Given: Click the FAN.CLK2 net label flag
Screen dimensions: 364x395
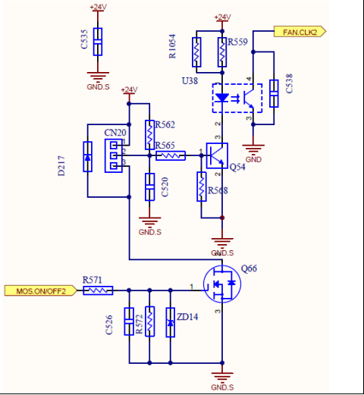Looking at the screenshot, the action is [300, 32].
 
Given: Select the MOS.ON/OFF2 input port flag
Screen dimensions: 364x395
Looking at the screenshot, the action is [41, 290].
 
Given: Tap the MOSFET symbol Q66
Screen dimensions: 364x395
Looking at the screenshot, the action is [222, 284].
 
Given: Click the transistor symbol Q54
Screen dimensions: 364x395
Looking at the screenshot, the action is [217, 155].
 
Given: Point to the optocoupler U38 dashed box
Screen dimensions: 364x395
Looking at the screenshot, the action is [237, 98].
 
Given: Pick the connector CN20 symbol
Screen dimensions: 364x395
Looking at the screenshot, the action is [114, 155].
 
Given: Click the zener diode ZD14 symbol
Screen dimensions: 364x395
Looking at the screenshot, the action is [171, 322].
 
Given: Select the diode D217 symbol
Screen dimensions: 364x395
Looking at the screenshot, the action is [87, 157].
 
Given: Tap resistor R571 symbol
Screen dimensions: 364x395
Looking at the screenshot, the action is [98, 290].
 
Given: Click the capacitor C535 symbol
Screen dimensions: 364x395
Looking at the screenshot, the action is [98, 42].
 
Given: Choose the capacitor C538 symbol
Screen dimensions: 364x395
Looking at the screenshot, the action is [274, 93].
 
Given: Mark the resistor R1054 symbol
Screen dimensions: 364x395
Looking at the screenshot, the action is [196, 52].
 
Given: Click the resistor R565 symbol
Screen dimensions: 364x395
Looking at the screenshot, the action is [171, 155].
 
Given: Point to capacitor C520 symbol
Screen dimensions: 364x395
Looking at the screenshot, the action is [149, 187].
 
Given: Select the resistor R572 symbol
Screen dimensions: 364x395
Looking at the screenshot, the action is [149, 321].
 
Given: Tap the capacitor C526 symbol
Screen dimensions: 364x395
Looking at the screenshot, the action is [129, 321].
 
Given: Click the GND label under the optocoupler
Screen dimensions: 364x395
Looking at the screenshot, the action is [253, 159].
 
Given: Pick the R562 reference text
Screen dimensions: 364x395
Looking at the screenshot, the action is [165, 124].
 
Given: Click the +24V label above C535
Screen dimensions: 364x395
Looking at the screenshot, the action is [98, 7].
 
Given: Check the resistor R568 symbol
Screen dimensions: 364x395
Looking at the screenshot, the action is [202, 187].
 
